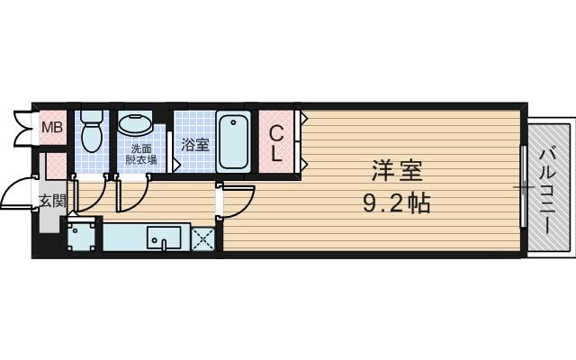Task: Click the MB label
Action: click(x=52, y=127)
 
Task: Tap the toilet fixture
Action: click(x=91, y=134)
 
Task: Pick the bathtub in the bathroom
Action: click(x=234, y=140)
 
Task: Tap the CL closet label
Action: click(x=277, y=143)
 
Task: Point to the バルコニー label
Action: click(x=549, y=185)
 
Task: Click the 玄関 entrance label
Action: click(x=51, y=201)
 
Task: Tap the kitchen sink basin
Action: click(x=164, y=238)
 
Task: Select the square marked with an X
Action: click(x=202, y=238)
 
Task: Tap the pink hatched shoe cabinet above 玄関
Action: click(x=55, y=166)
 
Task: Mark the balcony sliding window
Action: click(x=523, y=187)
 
